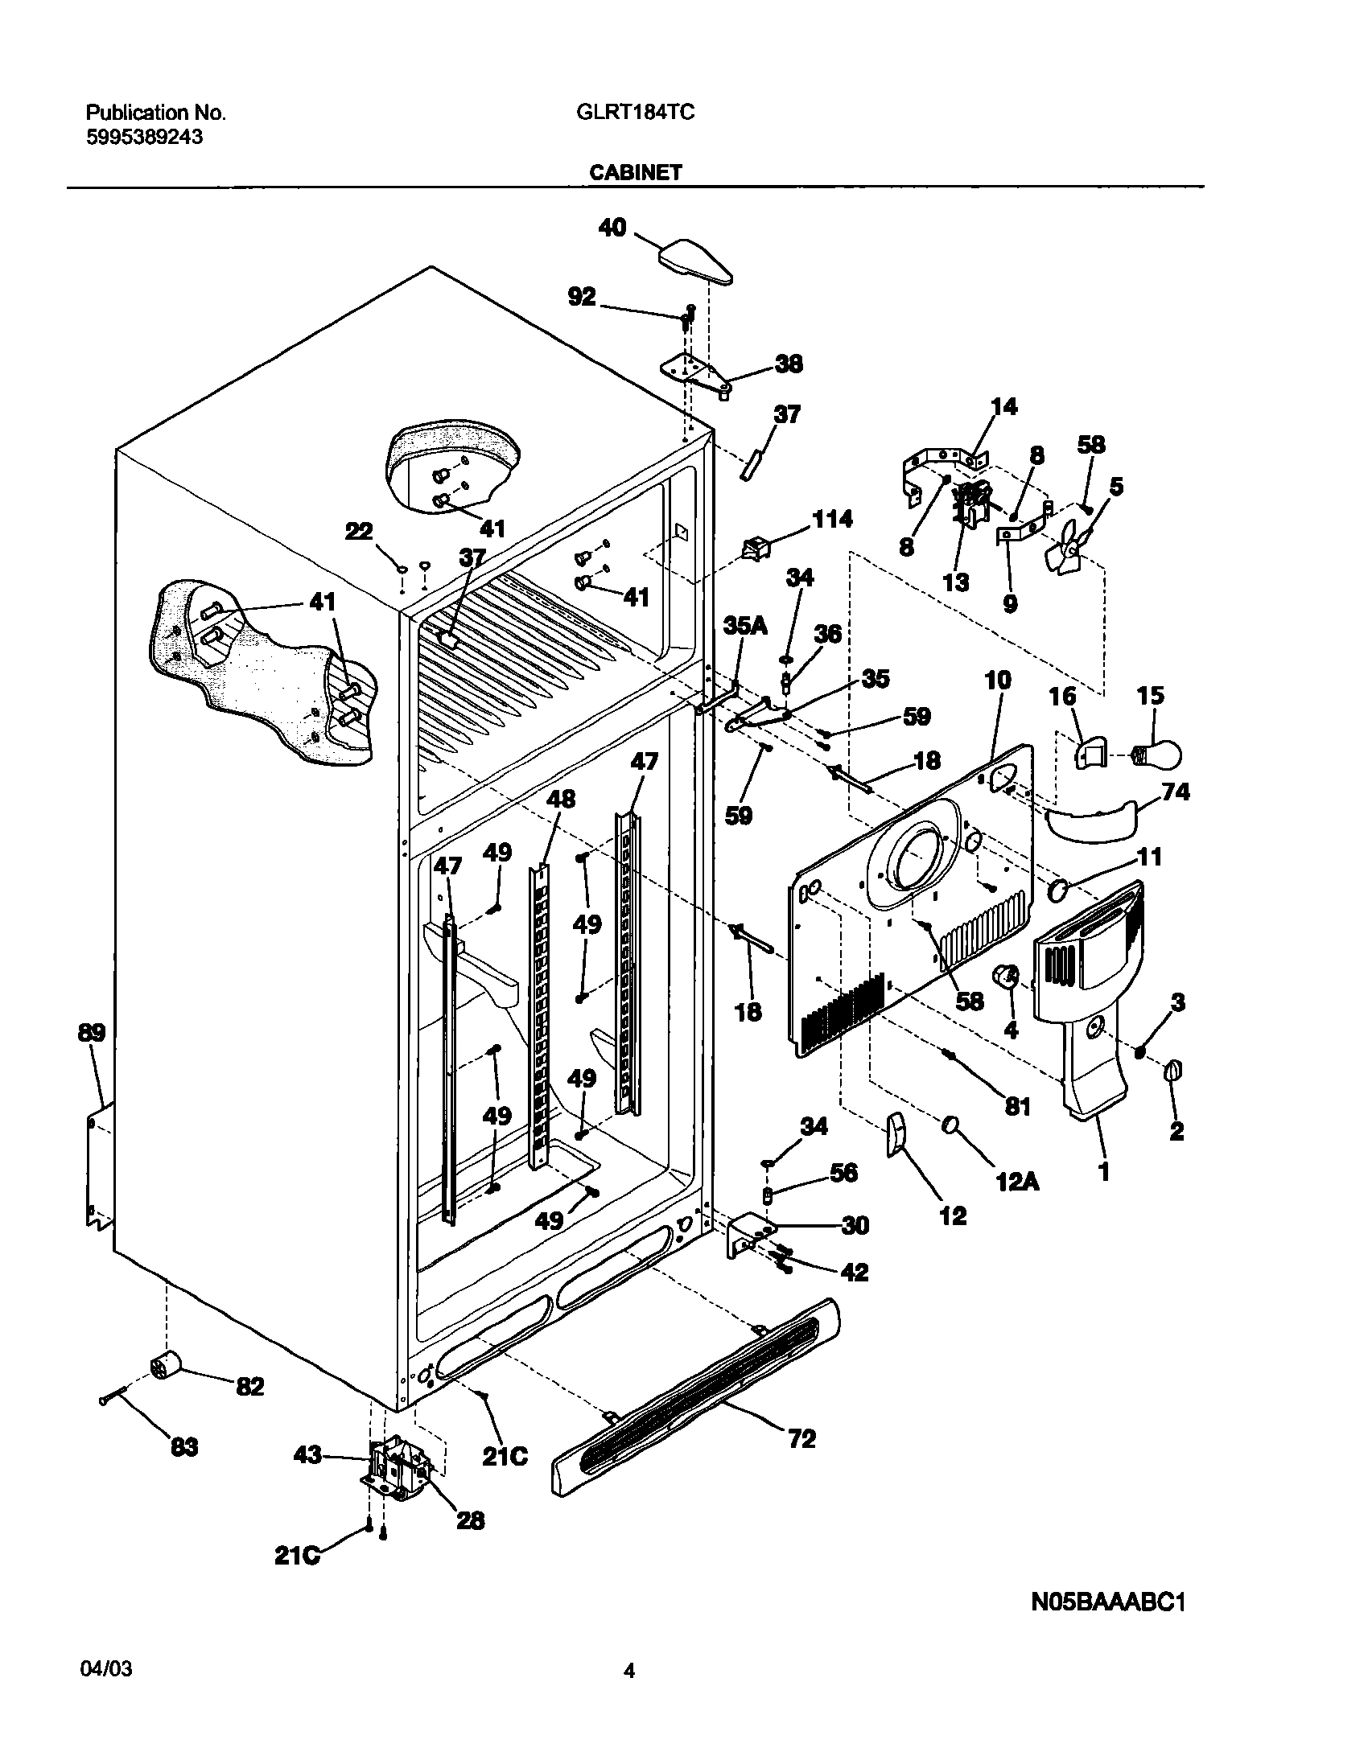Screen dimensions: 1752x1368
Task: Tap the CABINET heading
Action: coord(635,172)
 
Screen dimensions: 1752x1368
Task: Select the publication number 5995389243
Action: coord(144,138)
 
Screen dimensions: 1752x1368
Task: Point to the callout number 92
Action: coord(581,297)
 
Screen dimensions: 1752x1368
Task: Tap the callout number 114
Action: coord(831,519)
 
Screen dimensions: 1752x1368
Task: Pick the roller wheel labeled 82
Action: coord(167,1366)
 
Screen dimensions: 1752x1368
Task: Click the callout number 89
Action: coord(91,1032)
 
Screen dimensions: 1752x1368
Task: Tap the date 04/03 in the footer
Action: coord(106,1670)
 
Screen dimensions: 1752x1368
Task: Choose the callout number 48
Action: coord(561,799)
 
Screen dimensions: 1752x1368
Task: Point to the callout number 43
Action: coord(308,1454)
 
